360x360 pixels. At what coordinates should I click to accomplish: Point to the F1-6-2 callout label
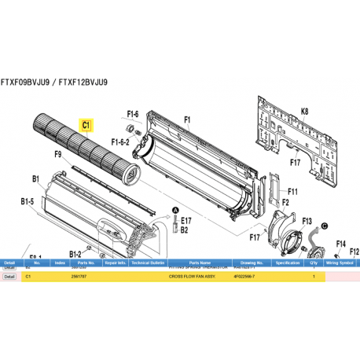click(120, 142)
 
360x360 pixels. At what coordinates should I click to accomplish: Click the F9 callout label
click(58, 155)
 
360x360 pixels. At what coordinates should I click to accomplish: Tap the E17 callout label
click(186, 222)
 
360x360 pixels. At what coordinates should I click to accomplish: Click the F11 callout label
click(292, 190)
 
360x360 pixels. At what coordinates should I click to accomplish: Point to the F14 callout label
click(341, 244)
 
